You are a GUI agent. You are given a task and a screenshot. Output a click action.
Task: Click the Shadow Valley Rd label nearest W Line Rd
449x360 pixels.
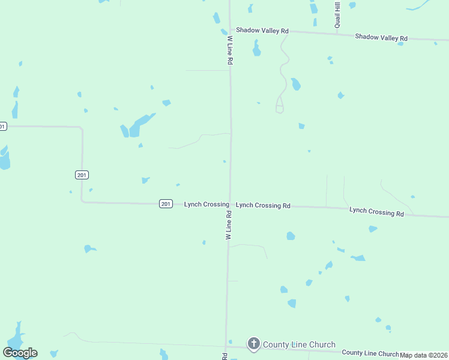pyautogui.click(x=262, y=30)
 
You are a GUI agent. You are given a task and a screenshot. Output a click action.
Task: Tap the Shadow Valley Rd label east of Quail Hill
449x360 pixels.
pyautogui.click(x=381, y=37)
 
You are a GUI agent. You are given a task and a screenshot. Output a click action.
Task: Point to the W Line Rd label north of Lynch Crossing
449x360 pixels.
pyautogui.click(x=230, y=50)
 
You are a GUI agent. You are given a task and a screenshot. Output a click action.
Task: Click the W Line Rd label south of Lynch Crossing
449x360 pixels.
pyautogui.click(x=229, y=226)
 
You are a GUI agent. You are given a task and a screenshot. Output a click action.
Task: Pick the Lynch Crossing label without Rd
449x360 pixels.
pyautogui.click(x=206, y=205)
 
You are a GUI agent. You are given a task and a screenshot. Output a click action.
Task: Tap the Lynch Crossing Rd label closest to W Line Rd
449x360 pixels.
pyautogui.click(x=263, y=205)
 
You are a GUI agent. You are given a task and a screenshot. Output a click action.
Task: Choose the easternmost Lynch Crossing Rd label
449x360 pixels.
pyautogui.click(x=376, y=211)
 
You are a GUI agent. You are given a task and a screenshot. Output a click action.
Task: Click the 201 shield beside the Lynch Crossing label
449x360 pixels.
pyautogui.click(x=166, y=204)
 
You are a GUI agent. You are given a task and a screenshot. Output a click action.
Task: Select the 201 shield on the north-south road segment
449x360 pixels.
pyautogui.click(x=82, y=175)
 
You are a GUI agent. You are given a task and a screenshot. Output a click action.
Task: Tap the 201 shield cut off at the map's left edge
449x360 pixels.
pyautogui.click(x=2, y=126)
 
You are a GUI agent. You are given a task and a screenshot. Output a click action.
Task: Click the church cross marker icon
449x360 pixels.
pyautogui.click(x=254, y=344)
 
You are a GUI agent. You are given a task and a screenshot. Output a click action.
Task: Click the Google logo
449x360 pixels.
pyautogui.click(x=20, y=353)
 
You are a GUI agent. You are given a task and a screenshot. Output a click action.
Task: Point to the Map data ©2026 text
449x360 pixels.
pyautogui.click(x=424, y=355)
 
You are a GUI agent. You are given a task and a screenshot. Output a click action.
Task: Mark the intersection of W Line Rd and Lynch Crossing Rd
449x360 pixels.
pyautogui.click(x=229, y=205)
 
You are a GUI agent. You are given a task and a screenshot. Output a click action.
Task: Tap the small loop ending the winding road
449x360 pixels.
pyautogui.click(x=279, y=109)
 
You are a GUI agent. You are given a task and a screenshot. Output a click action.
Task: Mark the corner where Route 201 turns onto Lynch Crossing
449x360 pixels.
pyautogui.click(x=82, y=202)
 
